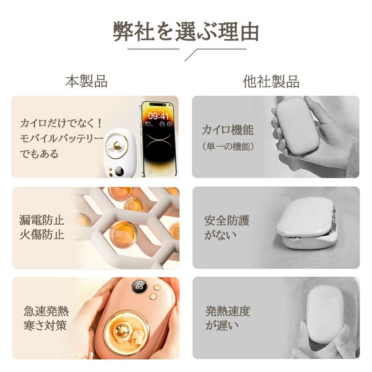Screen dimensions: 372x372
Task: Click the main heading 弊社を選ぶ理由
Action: click(186, 31)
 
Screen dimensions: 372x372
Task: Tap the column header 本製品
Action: click(86, 81)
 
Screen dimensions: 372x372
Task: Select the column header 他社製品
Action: click(271, 81)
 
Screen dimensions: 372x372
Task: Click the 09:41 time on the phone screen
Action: click(158, 116)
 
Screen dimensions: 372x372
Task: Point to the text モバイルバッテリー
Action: click(62, 138)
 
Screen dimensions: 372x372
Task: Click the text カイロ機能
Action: click(228, 130)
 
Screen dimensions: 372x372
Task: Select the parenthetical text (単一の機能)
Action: click(228, 146)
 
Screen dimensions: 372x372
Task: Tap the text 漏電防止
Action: click(42, 220)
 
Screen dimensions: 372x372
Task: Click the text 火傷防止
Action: click(42, 235)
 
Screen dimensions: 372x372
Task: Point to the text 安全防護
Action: click(227, 220)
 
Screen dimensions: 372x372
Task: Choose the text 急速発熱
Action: click(46, 311)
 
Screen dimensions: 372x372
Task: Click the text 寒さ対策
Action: click(45, 325)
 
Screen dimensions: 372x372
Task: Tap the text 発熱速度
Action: click(228, 311)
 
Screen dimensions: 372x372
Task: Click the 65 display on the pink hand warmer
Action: click(139, 286)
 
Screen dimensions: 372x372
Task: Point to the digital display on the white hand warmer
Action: click(120, 172)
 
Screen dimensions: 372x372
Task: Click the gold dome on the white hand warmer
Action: click(117, 146)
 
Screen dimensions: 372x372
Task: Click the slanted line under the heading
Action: click(191, 55)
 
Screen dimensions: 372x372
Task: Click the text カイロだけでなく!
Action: click(61, 123)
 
